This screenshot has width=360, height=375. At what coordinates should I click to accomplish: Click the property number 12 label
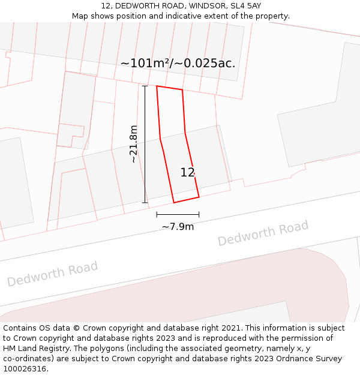coord(187,173)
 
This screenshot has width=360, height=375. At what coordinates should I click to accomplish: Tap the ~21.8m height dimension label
coord(134,144)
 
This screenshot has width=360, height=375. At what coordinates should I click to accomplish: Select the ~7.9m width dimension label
coord(178,227)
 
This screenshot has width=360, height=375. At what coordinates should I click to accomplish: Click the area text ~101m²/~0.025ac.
coord(178,63)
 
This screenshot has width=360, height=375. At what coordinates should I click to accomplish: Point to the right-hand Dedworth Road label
coord(263,233)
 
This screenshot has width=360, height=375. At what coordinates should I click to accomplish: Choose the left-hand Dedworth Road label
coord(52,274)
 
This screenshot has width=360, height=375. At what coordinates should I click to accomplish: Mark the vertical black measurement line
coord(145,144)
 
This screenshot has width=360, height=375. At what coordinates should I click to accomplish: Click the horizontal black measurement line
coord(178,214)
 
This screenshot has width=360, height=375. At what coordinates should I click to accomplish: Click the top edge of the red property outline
coord(169,88)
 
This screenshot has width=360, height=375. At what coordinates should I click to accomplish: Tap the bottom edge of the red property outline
coord(186,199)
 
